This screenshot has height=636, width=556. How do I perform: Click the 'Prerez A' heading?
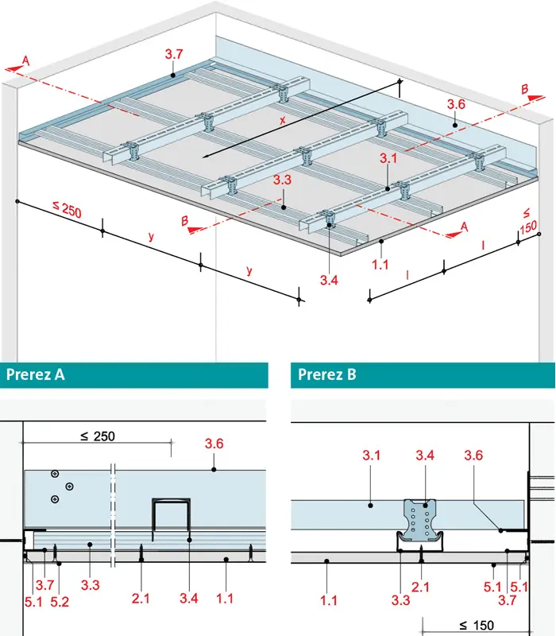(35, 374)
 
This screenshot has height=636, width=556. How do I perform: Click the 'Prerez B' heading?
(327, 374)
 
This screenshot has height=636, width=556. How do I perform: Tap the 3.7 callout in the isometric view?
(174, 54)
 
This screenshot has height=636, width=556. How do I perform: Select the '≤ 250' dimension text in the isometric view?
(68, 209)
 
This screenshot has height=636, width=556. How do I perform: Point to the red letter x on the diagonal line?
(283, 120)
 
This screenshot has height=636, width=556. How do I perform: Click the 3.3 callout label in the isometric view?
(282, 180)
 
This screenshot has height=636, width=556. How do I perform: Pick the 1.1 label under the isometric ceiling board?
(380, 265)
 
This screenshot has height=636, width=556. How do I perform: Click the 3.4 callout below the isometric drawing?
(329, 280)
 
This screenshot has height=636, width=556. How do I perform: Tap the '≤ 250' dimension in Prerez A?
(98, 436)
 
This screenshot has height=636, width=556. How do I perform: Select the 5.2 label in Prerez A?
(60, 602)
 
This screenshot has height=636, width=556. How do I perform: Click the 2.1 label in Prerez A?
(141, 599)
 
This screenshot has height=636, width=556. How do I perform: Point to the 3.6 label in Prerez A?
(214, 444)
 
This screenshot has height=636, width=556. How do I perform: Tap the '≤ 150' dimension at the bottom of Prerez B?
(477, 625)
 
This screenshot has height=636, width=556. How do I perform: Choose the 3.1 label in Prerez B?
(371, 456)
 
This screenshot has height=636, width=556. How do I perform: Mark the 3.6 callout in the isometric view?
(456, 105)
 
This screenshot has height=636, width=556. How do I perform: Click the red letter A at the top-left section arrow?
(25, 61)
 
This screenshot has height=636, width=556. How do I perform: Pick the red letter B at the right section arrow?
(524, 89)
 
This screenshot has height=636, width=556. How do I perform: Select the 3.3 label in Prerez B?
(400, 600)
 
